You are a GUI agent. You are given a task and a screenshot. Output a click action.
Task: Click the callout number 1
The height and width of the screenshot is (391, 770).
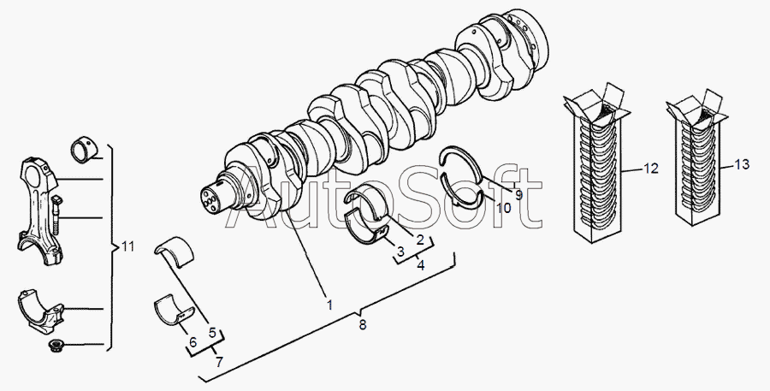pyautogui.click(x=328, y=304)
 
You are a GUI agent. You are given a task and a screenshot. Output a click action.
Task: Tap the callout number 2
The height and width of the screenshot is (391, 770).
pyautogui.click(x=420, y=240)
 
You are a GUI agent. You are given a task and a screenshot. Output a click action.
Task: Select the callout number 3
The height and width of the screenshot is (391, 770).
pyautogui.click(x=399, y=252)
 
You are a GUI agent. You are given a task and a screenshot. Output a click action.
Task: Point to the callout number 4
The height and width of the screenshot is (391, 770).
pyautogui.click(x=421, y=266)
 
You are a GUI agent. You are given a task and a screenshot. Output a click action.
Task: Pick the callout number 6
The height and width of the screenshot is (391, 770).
pyautogui.click(x=192, y=342)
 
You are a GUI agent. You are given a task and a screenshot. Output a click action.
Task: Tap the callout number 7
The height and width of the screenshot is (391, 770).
pyautogui.click(x=219, y=363)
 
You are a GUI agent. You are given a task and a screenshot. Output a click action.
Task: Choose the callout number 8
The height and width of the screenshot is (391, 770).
pyautogui.click(x=362, y=325)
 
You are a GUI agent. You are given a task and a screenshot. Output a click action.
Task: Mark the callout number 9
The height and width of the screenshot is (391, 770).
pyautogui.click(x=518, y=194)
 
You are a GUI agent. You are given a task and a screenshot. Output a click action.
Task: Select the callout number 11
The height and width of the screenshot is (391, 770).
pyautogui.click(x=127, y=247)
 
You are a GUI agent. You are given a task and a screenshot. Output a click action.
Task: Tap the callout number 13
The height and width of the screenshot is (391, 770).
pyautogui.click(x=741, y=163)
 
